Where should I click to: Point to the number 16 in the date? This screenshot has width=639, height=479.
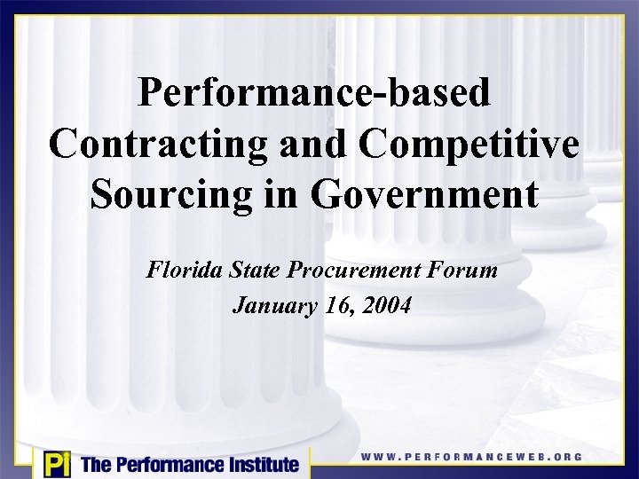334,307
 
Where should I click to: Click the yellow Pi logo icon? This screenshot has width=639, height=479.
55,464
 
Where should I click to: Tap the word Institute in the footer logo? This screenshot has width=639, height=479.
257,464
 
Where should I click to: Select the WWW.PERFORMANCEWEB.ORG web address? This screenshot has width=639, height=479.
471,457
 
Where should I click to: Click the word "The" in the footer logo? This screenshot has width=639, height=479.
95,464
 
